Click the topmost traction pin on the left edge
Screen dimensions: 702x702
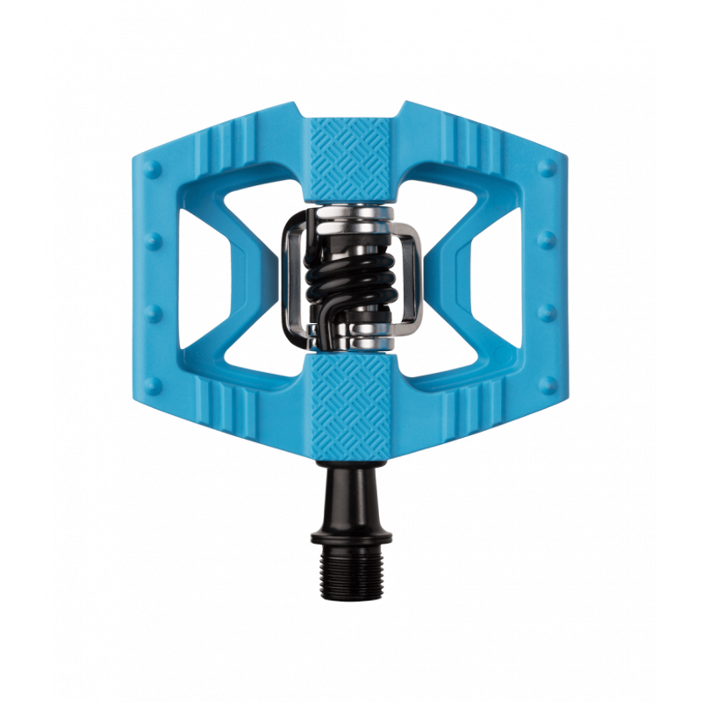[154, 168]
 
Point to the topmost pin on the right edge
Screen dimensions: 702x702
[548, 168]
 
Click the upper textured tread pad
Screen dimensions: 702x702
[351, 158]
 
